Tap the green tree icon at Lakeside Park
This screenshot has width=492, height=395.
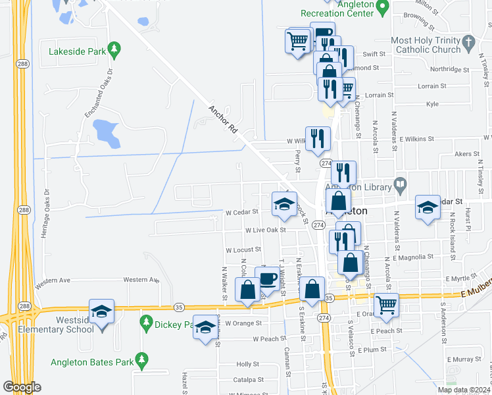[114, 49]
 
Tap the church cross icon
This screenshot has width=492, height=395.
[468, 45]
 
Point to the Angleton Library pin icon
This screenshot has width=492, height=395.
[399, 186]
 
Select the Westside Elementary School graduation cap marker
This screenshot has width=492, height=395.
[102, 311]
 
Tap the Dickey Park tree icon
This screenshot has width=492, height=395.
[147, 323]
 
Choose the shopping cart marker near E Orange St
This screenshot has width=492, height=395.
[386, 305]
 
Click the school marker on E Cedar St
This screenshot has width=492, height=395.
[428, 208]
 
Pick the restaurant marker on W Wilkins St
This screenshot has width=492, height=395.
[318, 138]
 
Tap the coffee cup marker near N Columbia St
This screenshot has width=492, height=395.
[266, 278]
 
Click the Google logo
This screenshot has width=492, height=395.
[22, 387]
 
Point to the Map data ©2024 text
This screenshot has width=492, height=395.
[464, 390]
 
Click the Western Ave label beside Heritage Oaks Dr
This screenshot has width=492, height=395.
[53, 281]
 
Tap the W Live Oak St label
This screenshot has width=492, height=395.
[265, 230]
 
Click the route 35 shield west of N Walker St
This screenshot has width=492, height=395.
[178, 307]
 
